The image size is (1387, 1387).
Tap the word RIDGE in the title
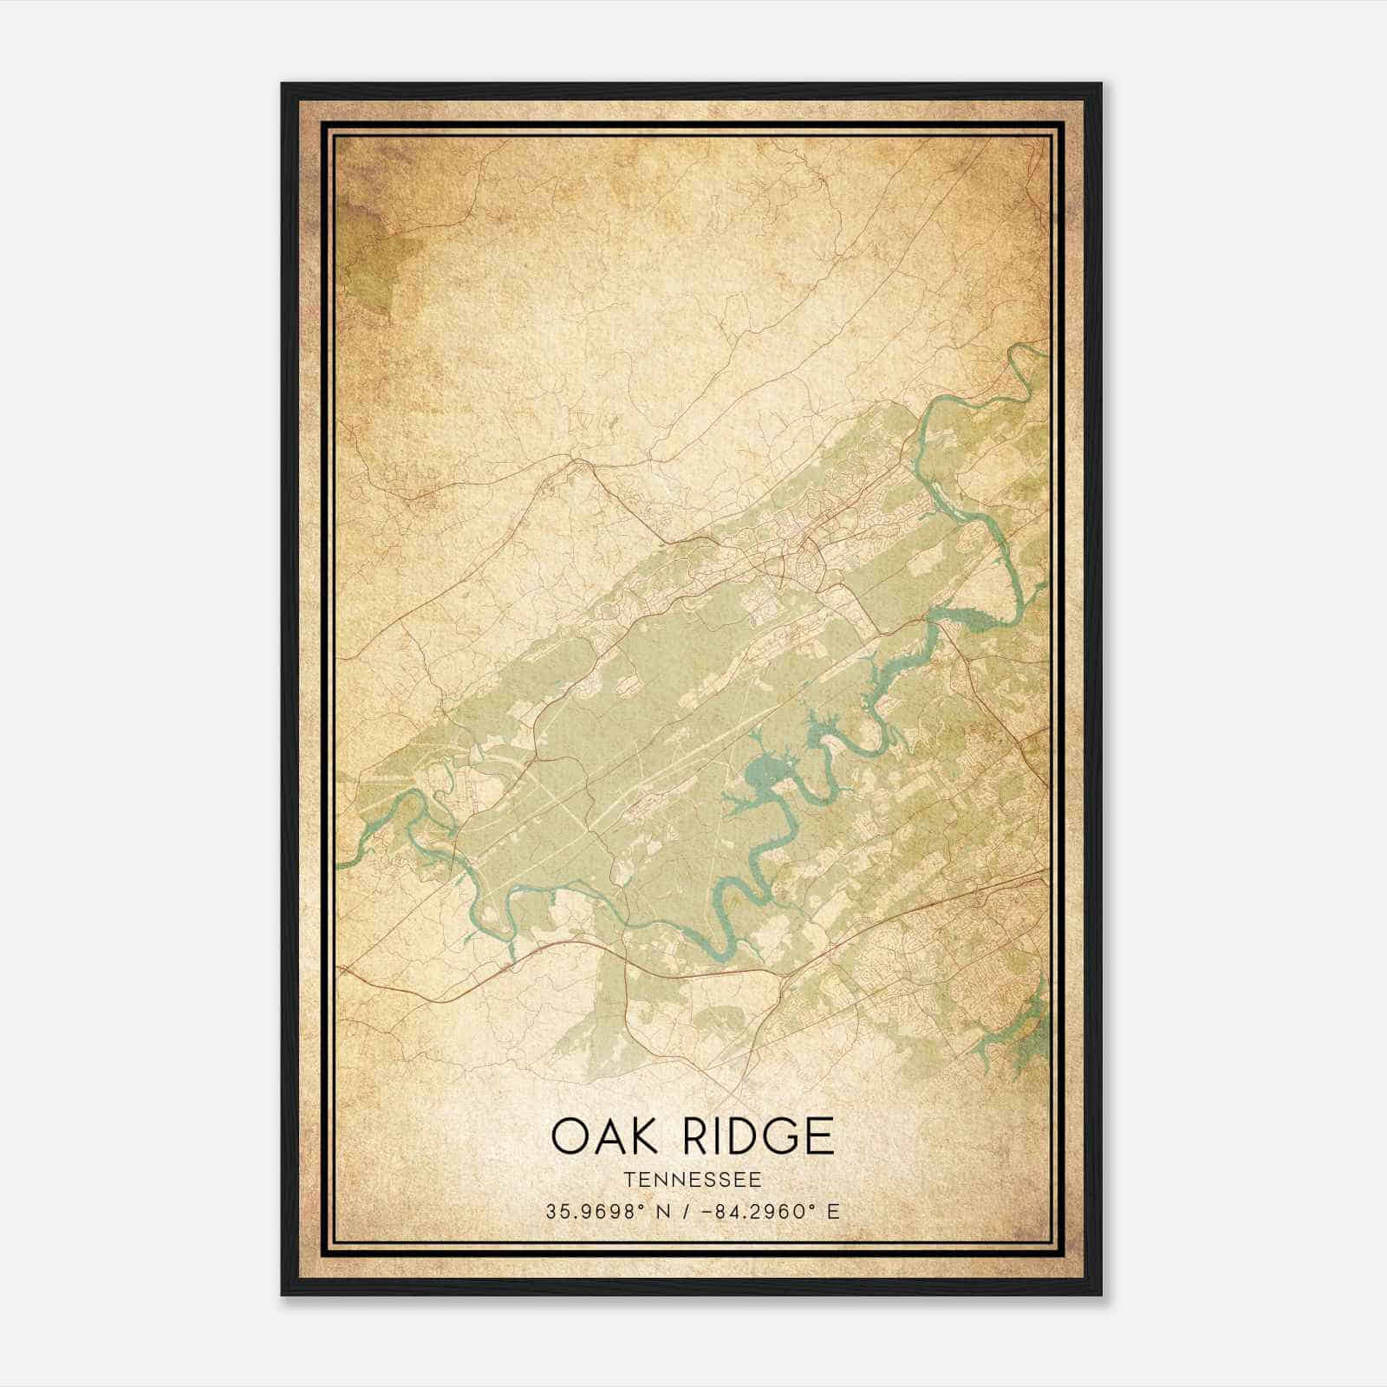pyautogui.click(x=759, y=1136)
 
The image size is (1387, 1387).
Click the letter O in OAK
pyautogui.click(x=570, y=1136)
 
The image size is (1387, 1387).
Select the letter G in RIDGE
pyautogui.click(x=781, y=1136)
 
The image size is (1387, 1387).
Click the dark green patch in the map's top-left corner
pyautogui.click(x=368, y=251)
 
